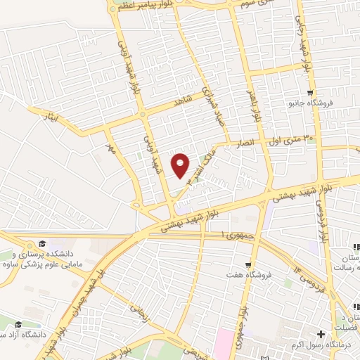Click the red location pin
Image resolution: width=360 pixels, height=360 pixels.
pyautogui.click(x=181, y=165)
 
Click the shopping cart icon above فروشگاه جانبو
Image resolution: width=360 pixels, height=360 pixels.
pyautogui.click(x=309, y=93)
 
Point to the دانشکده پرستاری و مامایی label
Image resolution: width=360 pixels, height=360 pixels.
pyautogui.click(x=39, y=260)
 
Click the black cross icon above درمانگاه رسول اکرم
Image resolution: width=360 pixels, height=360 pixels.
pyautogui.click(x=322, y=333)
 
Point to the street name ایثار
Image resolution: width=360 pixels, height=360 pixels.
pyautogui.click(x=53, y=115)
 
